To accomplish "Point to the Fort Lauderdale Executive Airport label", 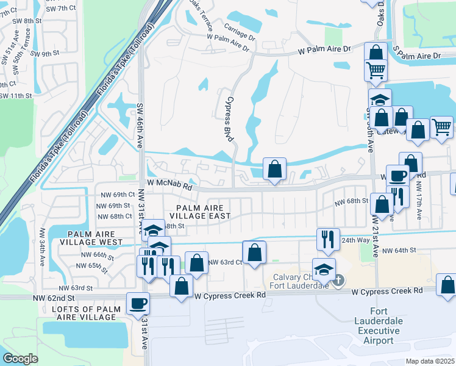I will click(x=377, y=330).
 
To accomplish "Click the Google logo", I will click(x=20, y=359).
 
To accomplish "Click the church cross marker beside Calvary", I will click(x=339, y=280).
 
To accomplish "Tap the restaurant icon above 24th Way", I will click(x=328, y=239).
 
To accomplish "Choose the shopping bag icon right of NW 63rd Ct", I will click(x=254, y=252).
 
